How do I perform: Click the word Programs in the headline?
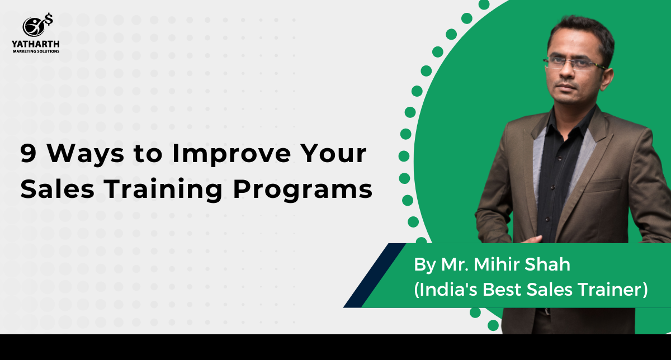(x=303, y=191)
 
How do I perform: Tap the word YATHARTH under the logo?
(x=35, y=44)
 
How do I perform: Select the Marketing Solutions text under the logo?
(x=35, y=51)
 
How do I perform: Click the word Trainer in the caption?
(x=614, y=291)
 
